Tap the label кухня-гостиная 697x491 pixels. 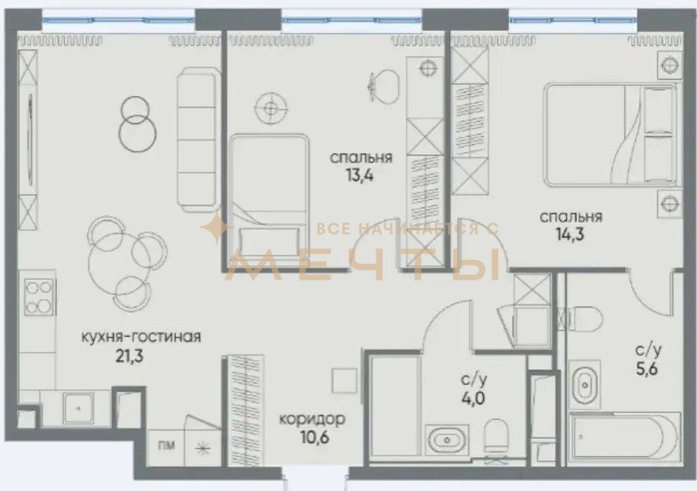[x=141, y=337]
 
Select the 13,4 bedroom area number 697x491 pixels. [x=360, y=176]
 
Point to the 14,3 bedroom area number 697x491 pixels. [x=570, y=234]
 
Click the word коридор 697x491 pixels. [x=312, y=419]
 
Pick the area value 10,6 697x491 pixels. [x=315, y=438]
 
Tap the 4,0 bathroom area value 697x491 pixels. [x=473, y=398]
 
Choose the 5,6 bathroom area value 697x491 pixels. [x=647, y=369]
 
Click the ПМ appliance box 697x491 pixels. [x=166, y=446]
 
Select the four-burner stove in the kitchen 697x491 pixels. [x=38, y=296]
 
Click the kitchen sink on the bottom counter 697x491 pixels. [x=78, y=408]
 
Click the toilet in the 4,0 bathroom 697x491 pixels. [x=496, y=435]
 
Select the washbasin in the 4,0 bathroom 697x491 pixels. [x=446, y=439]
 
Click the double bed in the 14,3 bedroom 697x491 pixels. [x=611, y=135]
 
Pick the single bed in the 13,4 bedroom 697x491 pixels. [x=269, y=196]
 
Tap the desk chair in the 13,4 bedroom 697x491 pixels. [x=383, y=86]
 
